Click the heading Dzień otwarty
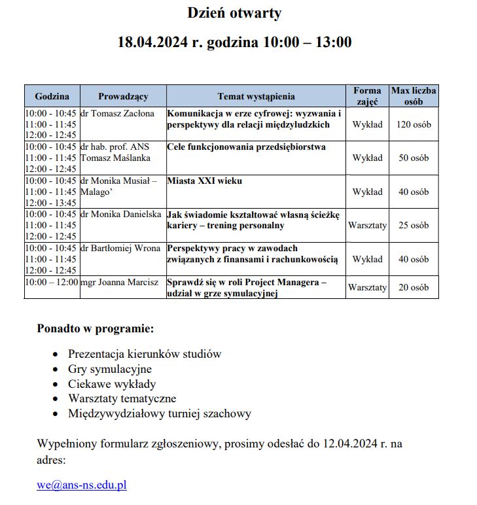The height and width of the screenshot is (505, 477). click(x=234, y=13)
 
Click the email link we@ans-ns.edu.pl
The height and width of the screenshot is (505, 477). click(x=82, y=485)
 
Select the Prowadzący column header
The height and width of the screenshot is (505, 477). click(x=123, y=96)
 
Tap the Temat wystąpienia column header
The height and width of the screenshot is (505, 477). click(x=256, y=96)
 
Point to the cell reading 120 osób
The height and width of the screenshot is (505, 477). click(x=414, y=124)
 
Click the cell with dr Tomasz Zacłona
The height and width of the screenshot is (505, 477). click(x=117, y=114)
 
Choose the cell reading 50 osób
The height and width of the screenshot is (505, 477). click(x=414, y=158)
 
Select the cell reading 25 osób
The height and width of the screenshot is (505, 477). click(x=414, y=225)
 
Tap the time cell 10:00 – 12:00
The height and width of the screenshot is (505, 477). click(x=52, y=282)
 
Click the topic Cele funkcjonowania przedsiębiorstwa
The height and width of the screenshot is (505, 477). click(x=246, y=147)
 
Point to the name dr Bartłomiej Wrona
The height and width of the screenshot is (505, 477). click(x=120, y=249)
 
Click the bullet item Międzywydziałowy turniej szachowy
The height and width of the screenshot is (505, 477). click(x=160, y=413)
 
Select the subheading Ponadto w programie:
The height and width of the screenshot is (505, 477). click(x=96, y=328)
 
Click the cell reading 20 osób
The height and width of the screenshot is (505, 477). click(x=414, y=287)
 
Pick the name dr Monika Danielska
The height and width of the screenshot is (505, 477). click(x=120, y=215)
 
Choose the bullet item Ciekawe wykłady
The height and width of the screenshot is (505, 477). click(x=112, y=384)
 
